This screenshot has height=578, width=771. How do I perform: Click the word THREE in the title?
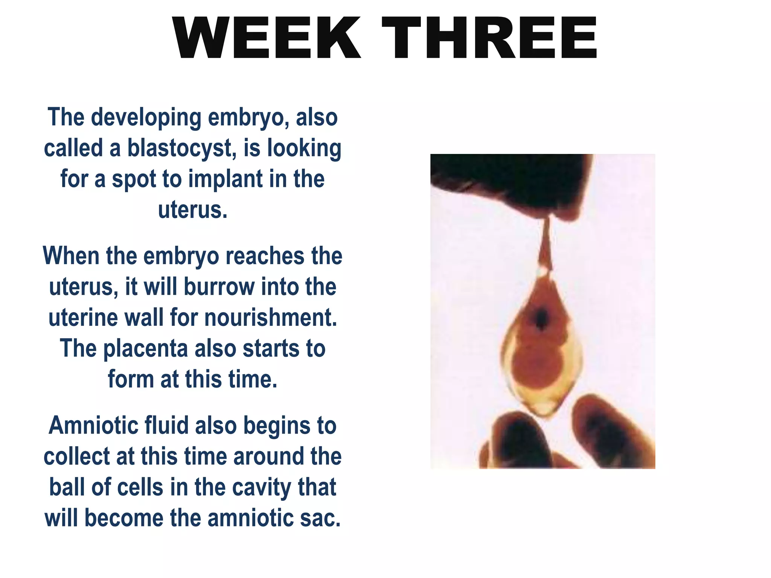coord(489,38)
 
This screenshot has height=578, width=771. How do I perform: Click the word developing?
coord(146,117)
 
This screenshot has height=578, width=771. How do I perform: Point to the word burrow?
coord(219,287)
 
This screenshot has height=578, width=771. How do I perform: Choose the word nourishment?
coord(271,318)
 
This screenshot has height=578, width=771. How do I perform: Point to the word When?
coord(71,256)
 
